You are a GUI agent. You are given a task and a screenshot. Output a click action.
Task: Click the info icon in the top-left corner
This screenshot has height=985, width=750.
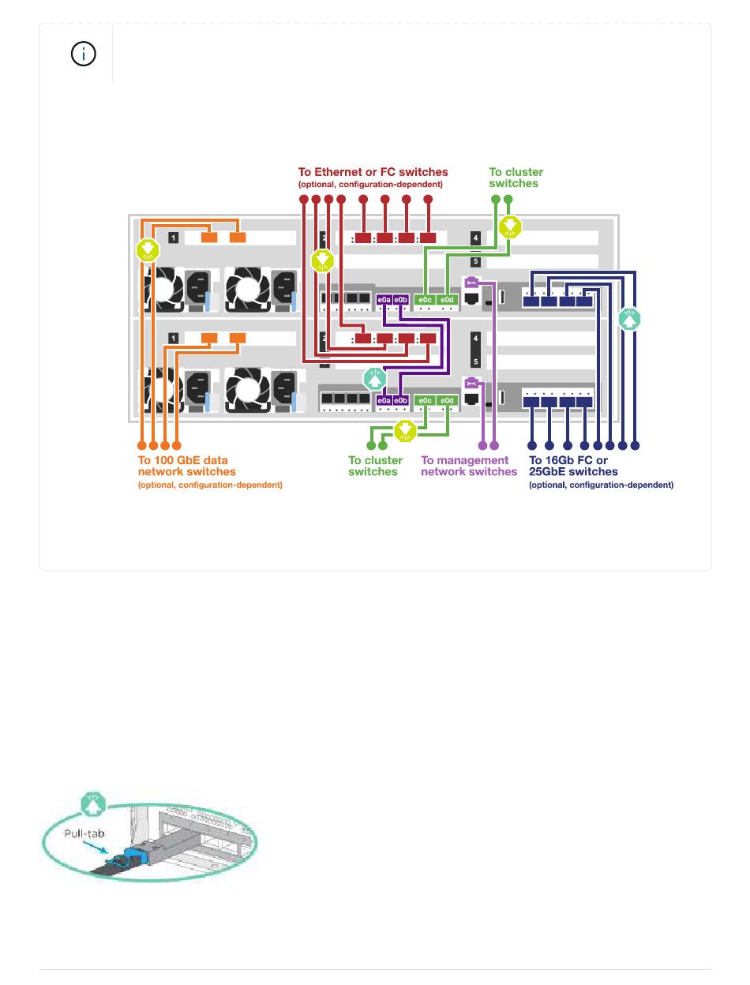click(x=84, y=54)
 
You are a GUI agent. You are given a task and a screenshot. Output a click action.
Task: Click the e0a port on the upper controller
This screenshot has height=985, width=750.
click(x=384, y=300)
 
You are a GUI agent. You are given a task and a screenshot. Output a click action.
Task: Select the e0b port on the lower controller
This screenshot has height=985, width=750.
click(x=400, y=401)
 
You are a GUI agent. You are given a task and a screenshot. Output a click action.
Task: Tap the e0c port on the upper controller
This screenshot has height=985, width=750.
click(x=425, y=300)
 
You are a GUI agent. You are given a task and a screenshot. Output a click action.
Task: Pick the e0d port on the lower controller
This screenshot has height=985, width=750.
click(x=446, y=401)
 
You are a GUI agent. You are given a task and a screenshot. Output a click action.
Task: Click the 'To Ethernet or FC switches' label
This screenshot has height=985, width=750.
click(x=373, y=171)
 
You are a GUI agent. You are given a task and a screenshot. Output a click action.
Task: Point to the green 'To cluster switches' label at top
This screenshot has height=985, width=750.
click(x=516, y=178)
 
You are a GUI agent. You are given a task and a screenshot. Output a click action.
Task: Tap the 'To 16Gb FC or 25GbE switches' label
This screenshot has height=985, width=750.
click(x=573, y=466)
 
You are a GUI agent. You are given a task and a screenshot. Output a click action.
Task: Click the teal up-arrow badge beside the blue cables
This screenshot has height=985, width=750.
click(x=629, y=320)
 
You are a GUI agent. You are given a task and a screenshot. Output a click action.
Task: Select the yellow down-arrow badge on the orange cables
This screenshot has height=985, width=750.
click(x=148, y=251)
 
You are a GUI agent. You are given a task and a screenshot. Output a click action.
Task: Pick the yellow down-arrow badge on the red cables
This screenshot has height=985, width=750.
click(x=322, y=260)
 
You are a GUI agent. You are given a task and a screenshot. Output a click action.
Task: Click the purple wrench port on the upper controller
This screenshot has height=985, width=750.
click(x=471, y=283)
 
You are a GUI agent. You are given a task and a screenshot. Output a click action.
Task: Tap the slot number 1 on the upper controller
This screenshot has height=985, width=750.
click(x=173, y=237)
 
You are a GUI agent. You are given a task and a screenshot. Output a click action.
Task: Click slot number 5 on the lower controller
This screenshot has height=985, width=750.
click(x=475, y=362)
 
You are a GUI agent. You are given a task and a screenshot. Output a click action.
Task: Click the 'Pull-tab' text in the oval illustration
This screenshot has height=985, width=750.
click(x=84, y=833)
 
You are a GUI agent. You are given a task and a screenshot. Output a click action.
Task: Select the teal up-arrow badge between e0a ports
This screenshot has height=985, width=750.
click(x=374, y=378)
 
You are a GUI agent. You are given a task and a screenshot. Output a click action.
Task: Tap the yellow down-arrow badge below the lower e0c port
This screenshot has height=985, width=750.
click(x=404, y=430)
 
